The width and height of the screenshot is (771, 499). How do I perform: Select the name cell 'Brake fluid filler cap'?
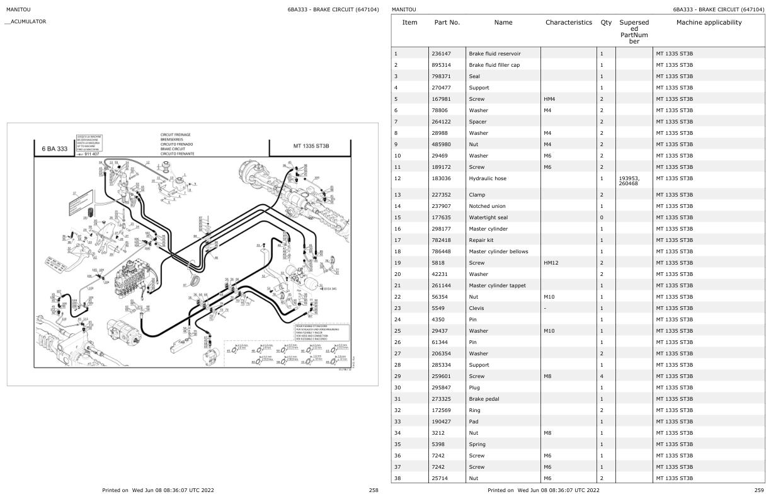(495, 65)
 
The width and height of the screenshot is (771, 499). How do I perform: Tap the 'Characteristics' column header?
(569, 23)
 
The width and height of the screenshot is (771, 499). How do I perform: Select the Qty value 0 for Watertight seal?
(602, 217)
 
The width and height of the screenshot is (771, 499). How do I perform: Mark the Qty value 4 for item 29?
(602, 376)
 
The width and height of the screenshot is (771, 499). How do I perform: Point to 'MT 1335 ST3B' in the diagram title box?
(311, 146)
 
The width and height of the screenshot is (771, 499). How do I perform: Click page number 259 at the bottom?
(759, 490)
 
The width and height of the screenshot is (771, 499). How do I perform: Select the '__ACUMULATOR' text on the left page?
(26, 22)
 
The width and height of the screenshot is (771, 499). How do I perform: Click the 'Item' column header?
(409, 23)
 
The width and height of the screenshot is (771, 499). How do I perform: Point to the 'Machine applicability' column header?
(709, 23)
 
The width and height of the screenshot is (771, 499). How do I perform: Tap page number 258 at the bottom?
(374, 490)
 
